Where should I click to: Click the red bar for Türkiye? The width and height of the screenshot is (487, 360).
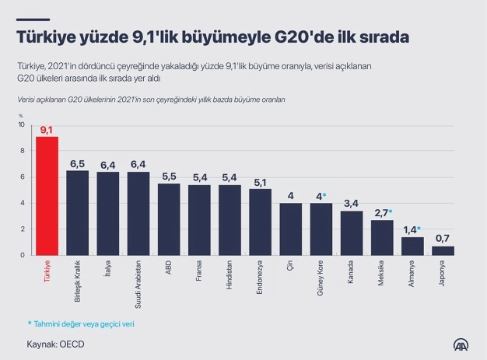47,195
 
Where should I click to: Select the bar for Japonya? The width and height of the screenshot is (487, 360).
443,250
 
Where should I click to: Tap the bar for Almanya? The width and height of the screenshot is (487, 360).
412,246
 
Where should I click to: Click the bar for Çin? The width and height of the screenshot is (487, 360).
291,229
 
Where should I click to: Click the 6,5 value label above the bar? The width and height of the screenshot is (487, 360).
78,164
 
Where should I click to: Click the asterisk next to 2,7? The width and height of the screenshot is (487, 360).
390,211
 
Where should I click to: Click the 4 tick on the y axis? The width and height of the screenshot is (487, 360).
23,204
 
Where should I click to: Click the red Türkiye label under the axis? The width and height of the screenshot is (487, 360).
47,274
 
